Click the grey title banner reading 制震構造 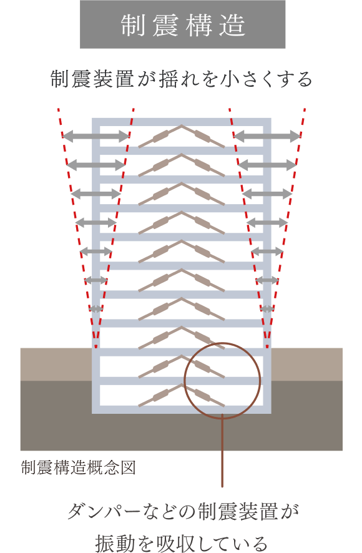pos(182,24)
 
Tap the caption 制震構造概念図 pos(78,467)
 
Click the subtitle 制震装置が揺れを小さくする pos(182,79)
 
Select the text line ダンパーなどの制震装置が pos(183,511)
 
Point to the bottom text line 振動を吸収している pos(182,543)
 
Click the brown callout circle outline pos(184,381)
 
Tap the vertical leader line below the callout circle pos(222,453)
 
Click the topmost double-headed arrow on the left pos(96,136)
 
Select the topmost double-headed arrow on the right pos(267,136)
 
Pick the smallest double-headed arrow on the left pos(96,309)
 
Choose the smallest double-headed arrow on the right pos(267,309)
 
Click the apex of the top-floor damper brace pos(182,125)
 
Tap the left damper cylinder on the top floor pos(161,136)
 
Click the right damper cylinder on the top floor pos(202,136)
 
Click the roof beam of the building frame pos(182,122)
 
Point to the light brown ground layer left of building pos(56,365)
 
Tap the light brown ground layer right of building pos(306,365)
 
